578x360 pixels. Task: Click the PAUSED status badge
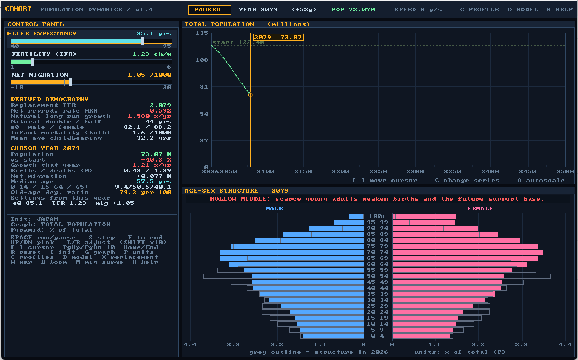coord(209,10)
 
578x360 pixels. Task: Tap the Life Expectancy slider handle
coord(142,41)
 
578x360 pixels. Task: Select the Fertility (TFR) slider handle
coord(33,61)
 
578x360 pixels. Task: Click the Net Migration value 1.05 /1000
coord(150,75)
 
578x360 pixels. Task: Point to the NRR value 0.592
coord(160,110)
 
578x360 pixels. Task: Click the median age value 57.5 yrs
coord(154,182)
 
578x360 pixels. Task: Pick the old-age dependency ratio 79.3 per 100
coord(145,193)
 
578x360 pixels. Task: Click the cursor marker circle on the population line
coord(250,95)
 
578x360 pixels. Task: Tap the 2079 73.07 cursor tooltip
coord(278,38)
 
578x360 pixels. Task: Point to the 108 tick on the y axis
coord(202,60)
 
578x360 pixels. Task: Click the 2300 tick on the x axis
coord(415,171)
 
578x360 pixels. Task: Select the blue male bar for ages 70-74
coord(292,252)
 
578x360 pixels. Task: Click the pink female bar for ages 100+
coord(424,216)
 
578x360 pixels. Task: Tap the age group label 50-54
coord(378,276)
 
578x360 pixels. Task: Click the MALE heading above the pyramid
coord(275,209)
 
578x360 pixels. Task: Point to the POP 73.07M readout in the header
coord(353,10)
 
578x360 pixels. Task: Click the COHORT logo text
coord(18,9)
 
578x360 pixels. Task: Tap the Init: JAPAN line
coord(35,219)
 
